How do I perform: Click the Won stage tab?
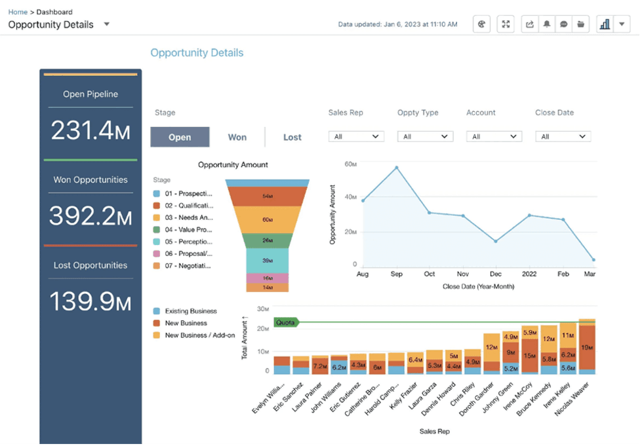click(x=237, y=137)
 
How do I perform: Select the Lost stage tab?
click(x=292, y=137)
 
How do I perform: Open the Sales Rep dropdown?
click(x=355, y=136)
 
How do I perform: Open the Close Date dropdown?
click(x=563, y=136)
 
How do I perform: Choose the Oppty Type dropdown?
click(x=425, y=136)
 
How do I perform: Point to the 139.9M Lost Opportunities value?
click(x=90, y=302)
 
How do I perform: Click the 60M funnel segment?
click(x=267, y=219)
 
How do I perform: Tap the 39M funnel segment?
click(x=267, y=260)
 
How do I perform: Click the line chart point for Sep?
click(x=397, y=168)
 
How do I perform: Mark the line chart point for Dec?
click(x=496, y=241)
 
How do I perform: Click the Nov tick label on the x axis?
click(x=463, y=274)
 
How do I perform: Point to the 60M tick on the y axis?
click(x=350, y=164)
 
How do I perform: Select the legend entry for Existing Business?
click(x=190, y=311)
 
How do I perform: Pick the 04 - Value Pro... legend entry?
click(x=188, y=229)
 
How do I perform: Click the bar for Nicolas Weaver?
click(x=586, y=347)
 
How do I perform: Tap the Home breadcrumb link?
click(x=18, y=12)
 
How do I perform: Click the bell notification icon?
click(x=546, y=24)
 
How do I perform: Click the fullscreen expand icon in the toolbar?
click(x=506, y=24)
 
